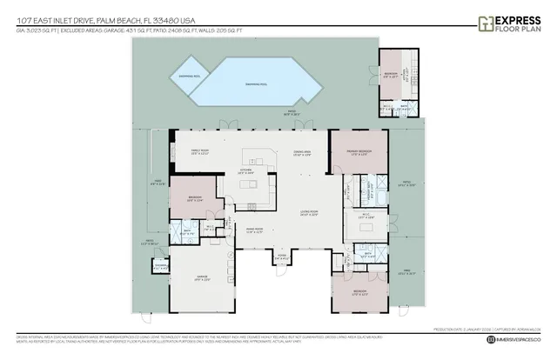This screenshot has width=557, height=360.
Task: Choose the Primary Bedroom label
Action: (x=360, y=153)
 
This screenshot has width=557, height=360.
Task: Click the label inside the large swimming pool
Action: (x=256, y=83)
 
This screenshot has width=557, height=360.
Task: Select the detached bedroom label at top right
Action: (x=392, y=75)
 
